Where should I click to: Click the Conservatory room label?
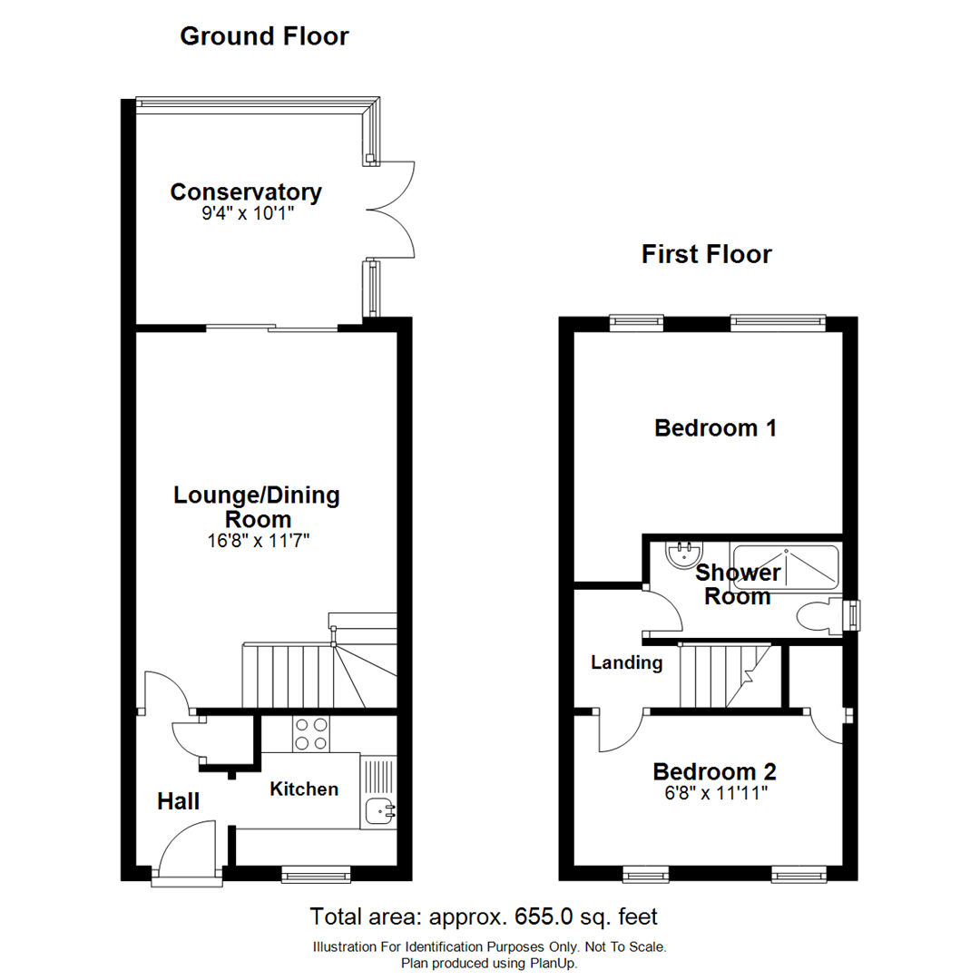pyautogui.click(x=245, y=192)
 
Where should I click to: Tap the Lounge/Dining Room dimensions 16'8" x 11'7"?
pyautogui.click(x=257, y=542)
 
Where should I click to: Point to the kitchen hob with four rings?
pyautogui.click(x=310, y=733)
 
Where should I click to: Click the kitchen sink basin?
pyautogui.click(x=378, y=809)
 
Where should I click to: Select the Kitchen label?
pyautogui.click(x=304, y=789)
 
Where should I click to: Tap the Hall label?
pyautogui.click(x=179, y=801)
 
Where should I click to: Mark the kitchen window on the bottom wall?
pyautogui.click(x=315, y=874)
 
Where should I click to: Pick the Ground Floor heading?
pyautogui.click(x=264, y=36)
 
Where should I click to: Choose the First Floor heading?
pyautogui.click(x=706, y=254)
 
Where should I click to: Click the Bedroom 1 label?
pyautogui.click(x=715, y=427)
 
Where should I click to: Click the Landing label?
pyautogui.click(x=626, y=663)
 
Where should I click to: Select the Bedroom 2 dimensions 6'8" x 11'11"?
pyautogui.click(x=715, y=793)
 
